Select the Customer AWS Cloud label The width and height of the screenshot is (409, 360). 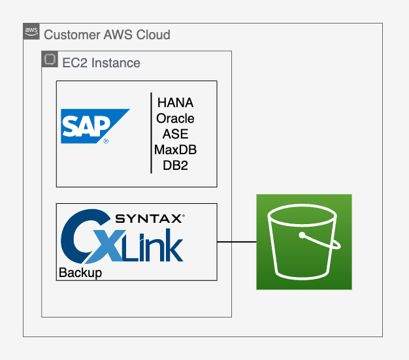coord(106,34)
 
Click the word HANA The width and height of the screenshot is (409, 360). coord(175,103)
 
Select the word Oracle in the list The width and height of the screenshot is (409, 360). coord(175,119)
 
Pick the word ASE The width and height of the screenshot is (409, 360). coord(175,135)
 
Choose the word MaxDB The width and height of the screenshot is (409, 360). coord(175,150)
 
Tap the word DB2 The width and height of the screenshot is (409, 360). coord(175,166)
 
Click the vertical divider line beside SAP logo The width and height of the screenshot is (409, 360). coord(152,133)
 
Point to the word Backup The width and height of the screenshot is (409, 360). coord(80,272)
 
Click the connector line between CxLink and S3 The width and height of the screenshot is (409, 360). coord(236,242)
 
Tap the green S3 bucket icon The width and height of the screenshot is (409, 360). coord(304,242)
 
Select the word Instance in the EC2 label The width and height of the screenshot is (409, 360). coord(116,63)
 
